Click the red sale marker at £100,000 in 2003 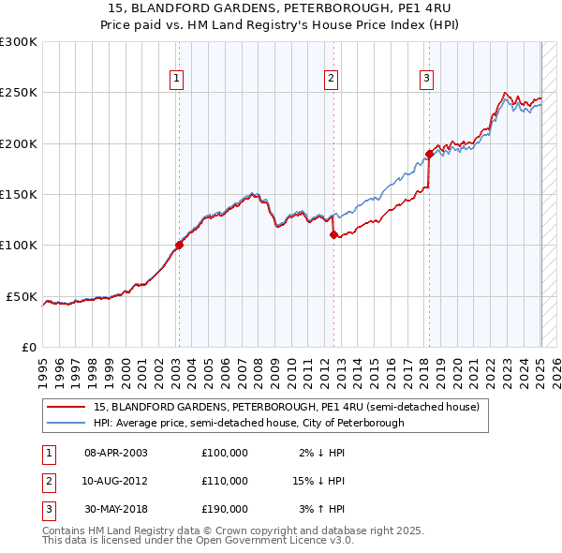click(x=178, y=246)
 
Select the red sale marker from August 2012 click(x=333, y=235)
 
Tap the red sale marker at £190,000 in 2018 click(x=429, y=154)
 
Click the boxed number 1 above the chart click(x=177, y=79)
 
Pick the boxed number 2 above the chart click(x=332, y=79)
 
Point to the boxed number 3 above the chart click(x=426, y=79)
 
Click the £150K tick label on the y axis click(x=19, y=195)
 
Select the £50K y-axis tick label click(x=22, y=296)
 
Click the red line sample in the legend click(x=67, y=407)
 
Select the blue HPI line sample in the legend click(x=67, y=423)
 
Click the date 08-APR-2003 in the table click(x=116, y=453)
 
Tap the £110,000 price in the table click(x=224, y=481)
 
